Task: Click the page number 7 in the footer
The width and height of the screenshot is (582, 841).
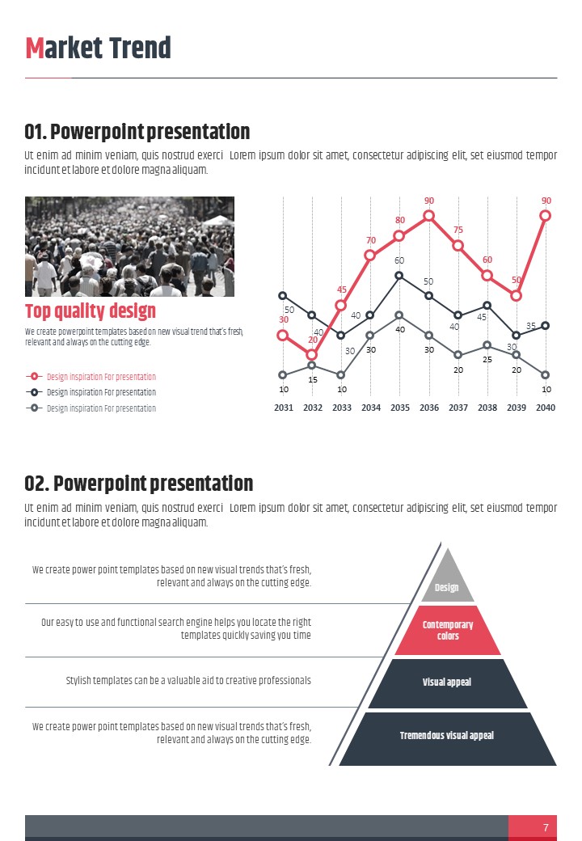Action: pos(546,827)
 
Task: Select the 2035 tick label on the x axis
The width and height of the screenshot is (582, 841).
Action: pos(400,408)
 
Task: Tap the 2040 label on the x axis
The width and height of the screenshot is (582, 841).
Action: pos(546,408)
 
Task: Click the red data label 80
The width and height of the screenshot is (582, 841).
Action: pos(400,220)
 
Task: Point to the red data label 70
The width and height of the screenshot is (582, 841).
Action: pos(371,240)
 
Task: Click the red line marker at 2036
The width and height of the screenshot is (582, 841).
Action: pos(429,216)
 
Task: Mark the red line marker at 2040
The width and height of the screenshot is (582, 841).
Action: pos(546,216)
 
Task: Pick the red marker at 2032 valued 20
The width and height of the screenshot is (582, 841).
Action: pos(313,355)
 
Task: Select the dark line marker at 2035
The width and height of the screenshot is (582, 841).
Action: pos(400,276)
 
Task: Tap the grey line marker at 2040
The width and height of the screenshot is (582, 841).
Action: pos(546,375)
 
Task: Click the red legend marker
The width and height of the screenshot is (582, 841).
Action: pos(34,377)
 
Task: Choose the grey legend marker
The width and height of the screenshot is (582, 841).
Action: pos(34,408)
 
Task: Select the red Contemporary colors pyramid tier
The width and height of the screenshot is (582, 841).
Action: pos(448,631)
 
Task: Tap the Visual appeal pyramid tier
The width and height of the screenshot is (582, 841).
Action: pos(447,683)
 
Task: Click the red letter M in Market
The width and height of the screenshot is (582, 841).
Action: pos(35,49)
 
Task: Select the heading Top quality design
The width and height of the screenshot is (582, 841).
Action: pos(91,311)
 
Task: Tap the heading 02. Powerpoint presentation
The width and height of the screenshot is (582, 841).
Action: pos(139,484)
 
